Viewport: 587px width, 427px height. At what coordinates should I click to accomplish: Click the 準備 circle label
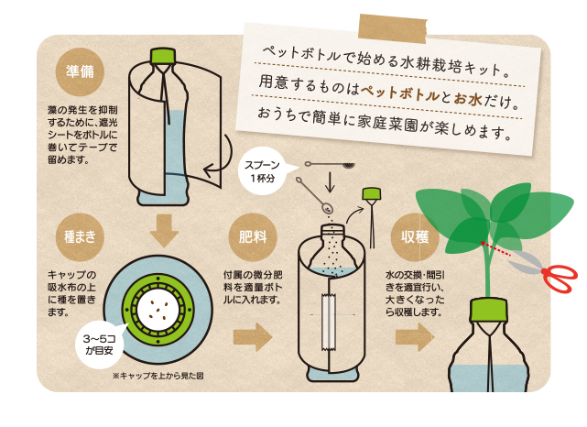pos(80,71)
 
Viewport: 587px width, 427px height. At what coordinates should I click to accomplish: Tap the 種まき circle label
pos(80,237)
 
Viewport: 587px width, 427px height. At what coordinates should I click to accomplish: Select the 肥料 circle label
pos(253,237)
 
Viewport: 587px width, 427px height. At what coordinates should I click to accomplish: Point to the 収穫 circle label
pos(415,237)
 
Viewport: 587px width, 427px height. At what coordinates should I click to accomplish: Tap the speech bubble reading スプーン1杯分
pos(263,170)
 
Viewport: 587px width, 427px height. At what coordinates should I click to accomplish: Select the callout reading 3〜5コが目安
pos(100,345)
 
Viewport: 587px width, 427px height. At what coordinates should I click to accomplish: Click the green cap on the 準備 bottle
pos(163,56)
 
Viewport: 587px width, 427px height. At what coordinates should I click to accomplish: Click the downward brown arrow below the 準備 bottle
pos(164,231)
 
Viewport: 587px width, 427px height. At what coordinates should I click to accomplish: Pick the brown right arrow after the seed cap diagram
pos(253,336)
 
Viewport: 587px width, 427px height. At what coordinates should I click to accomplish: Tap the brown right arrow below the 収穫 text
pos(415,336)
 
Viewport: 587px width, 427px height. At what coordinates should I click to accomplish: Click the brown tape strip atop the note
pos(392,28)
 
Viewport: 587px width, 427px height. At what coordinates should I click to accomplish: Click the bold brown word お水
pos(468,99)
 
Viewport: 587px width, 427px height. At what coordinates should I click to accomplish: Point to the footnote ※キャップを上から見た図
pos(158,376)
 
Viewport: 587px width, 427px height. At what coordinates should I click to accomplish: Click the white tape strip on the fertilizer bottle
pos(329,323)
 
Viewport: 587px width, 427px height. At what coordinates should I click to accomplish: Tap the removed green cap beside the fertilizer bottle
pos(372,193)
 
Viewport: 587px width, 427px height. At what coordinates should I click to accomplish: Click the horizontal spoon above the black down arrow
pos(330,164)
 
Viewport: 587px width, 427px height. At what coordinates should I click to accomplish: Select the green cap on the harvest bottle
pos(489,310)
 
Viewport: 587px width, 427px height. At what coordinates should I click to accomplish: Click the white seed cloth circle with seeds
pos(158,310)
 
